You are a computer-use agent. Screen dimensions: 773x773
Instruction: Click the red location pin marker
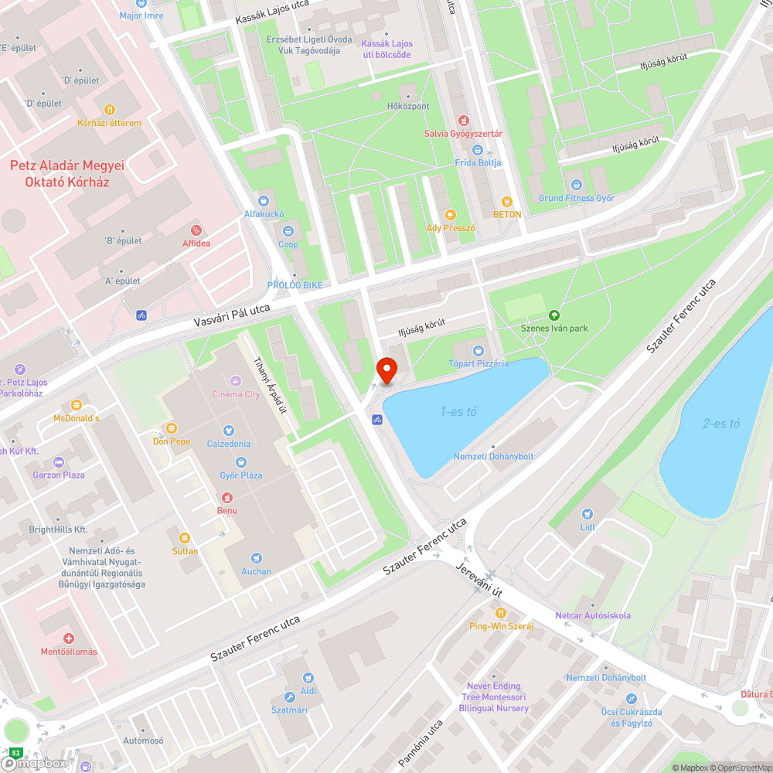(386, 371)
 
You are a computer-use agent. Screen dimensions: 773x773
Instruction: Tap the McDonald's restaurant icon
(76, 405)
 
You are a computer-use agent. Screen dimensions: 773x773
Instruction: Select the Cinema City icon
(236, 381)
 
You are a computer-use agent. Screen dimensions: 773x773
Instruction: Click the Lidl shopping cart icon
(587, 513)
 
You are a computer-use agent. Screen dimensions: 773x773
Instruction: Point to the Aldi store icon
(308, 678)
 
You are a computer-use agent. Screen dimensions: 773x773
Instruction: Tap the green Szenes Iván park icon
(553, 315)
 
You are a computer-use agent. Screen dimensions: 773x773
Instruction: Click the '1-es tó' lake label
(458, 412)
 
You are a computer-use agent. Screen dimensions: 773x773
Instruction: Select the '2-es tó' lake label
(721, 424)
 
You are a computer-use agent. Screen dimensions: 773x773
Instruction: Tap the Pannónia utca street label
(421, 744)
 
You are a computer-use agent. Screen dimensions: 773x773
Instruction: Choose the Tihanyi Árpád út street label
(271, 385)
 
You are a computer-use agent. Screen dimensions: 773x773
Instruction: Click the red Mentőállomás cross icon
(69, 638)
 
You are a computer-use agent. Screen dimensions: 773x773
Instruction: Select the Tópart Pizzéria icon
(478, 351)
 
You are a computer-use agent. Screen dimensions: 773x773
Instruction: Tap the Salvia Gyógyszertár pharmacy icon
(463, 121)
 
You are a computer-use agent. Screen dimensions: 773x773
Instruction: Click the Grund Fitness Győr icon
(576, 185)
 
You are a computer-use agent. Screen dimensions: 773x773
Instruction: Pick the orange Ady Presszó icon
(450, 215)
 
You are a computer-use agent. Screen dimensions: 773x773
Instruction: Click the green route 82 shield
(15, 751)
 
